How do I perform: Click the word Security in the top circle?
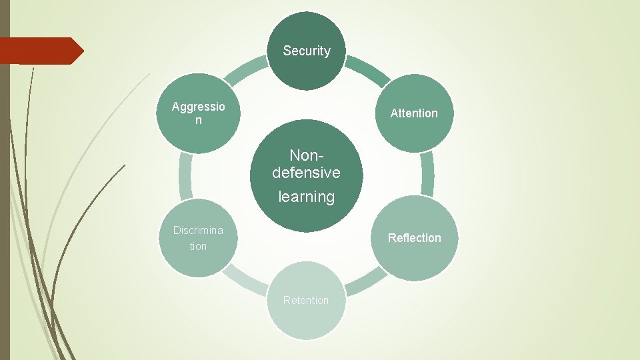(307, 51)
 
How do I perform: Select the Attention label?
(414, 113)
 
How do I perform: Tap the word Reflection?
(415, 238)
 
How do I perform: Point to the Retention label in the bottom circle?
(306, 300)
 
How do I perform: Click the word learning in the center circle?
(307, 197)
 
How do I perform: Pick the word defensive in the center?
(307, 173)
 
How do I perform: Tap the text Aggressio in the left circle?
(198, 107)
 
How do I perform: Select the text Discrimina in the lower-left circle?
(198, 230)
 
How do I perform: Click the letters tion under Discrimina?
(198, 247)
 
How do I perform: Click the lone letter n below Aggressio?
(198, 121)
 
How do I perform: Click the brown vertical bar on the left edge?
(5, 200)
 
